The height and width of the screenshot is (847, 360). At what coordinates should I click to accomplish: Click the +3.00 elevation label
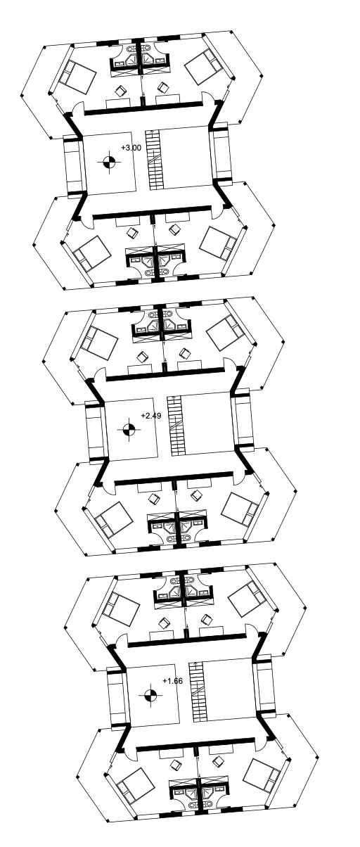131,148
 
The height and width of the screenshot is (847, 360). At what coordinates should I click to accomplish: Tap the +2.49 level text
151,416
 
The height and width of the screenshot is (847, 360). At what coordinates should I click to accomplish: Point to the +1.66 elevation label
173,681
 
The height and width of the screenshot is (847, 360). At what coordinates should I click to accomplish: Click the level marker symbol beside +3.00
110,163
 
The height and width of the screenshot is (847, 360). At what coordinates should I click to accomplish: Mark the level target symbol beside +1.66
150,695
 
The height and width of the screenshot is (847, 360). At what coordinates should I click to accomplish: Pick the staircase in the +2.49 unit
176,426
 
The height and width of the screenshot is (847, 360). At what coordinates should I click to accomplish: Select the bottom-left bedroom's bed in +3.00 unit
91,254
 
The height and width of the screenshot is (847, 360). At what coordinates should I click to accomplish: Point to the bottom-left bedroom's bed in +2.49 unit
113,520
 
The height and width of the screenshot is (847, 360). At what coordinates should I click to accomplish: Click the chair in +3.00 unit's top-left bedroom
120,91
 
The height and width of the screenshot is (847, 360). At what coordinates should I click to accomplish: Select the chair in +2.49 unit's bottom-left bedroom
154,499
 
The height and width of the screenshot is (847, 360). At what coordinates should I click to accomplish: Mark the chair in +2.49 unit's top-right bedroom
185,353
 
